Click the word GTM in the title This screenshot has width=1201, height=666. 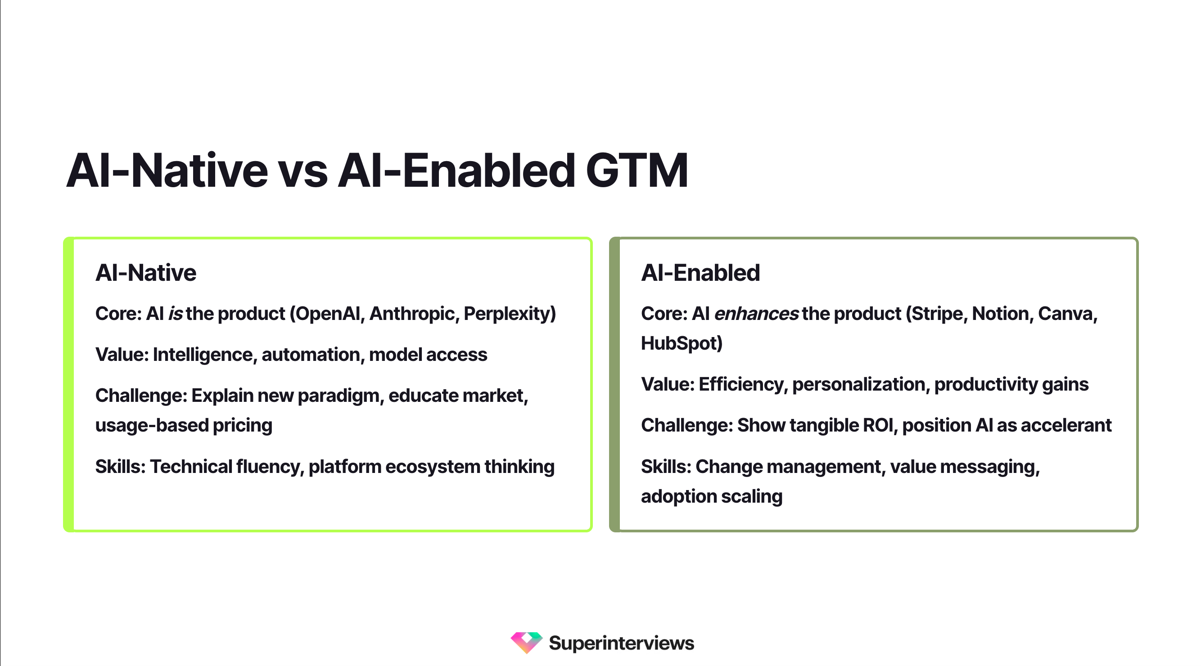(637, 171)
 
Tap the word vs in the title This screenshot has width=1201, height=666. (303, 171)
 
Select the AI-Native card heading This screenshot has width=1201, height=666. (145, 273)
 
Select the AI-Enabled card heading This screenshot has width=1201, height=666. (700, 273)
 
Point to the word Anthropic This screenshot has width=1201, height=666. (412, 314)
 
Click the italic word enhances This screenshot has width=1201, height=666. (756, 314)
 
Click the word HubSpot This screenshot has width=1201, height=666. (681, 343)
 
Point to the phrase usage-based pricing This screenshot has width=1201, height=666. (184, 426)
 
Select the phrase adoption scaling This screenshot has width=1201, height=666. (711, 496)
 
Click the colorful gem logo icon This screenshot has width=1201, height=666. (526, 643)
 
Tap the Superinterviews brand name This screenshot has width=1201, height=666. (621, 643)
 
